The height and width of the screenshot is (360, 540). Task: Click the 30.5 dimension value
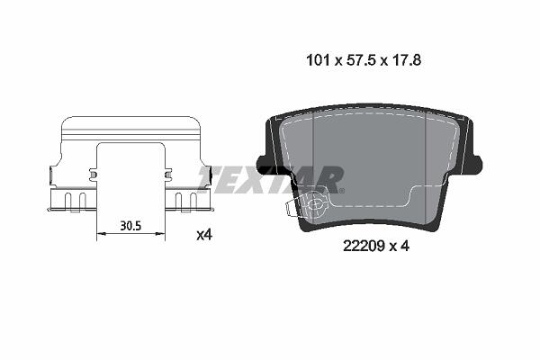[130, 226]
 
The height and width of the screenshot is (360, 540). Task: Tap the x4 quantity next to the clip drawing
[204, 235]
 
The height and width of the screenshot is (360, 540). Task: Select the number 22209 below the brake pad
[364, 246]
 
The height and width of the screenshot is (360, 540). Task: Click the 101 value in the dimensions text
[319, 60]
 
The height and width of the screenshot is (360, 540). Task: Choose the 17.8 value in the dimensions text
[406, 60]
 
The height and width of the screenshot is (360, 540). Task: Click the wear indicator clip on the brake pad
[306, 206]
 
